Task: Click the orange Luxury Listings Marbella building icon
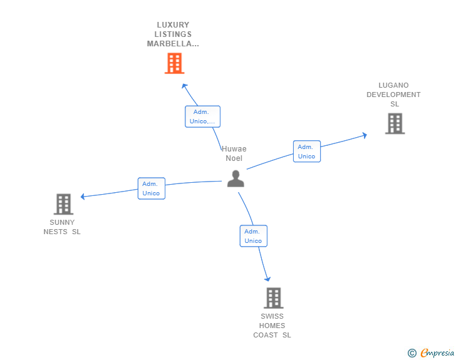[174, 63]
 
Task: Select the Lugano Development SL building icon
[395, 123]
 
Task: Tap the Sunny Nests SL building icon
[63, 204]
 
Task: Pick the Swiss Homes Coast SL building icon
[273, 298]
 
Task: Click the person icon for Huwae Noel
[236, 178]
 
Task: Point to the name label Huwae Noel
[234, 153]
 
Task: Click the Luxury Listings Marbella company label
[174, 34]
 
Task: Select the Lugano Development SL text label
[393, 95]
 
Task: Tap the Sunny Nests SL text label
[62, 227]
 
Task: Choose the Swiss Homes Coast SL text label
[272, 326]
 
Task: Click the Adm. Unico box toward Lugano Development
[306, 152]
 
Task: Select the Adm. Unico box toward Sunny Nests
[151, 188]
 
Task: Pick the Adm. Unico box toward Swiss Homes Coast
[253, 236]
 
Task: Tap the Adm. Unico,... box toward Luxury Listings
[202, 116]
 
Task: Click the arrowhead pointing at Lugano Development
[364, 135]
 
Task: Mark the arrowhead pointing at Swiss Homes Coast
[268, 279]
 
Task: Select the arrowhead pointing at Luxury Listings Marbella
[183, 85]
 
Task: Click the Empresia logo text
[437, 354]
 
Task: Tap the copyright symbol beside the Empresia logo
[412, 354]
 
